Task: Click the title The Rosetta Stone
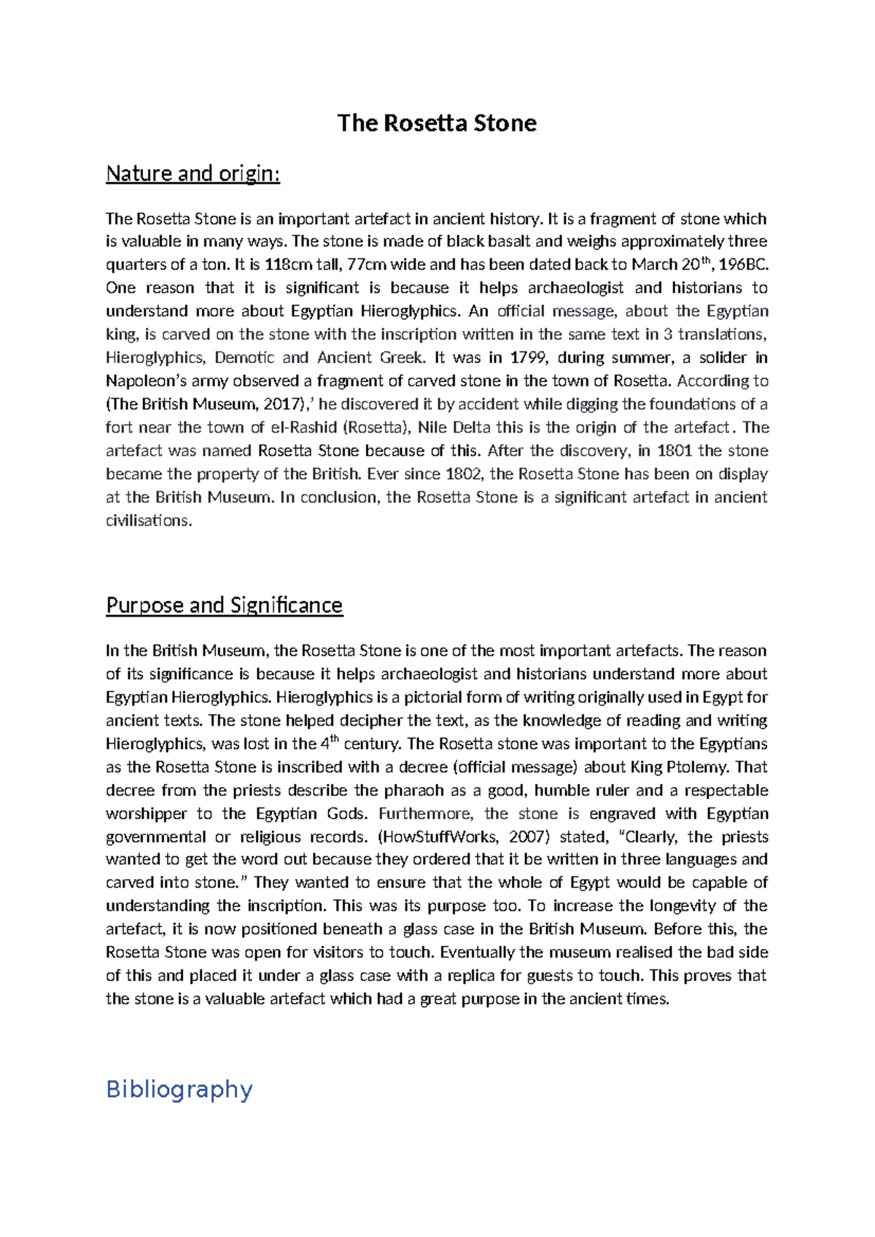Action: [x=437, y=123]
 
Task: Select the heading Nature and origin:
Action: [x=192, y=174]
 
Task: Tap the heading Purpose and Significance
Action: [x=224, y=605]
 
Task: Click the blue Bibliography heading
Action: [x=179, y=1089]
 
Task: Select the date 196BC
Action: [x=744, y=264]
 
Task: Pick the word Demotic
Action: [x=244, y=357]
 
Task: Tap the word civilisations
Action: [x=148, y=521]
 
